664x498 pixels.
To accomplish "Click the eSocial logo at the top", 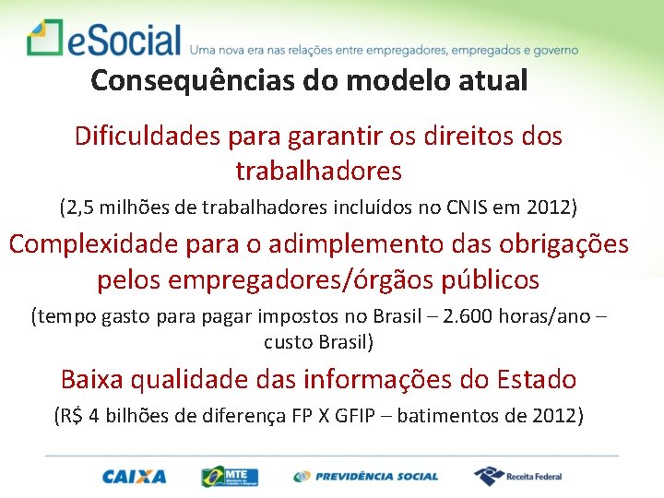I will tap(104, 39).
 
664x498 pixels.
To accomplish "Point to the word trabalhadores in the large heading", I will tap(319, 172).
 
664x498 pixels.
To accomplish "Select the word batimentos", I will tap(453, 416).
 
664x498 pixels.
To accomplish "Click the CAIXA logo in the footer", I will tap(135, 476).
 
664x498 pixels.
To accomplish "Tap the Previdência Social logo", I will tap(366, 476).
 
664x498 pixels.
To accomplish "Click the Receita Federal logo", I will tap(517, 476).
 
